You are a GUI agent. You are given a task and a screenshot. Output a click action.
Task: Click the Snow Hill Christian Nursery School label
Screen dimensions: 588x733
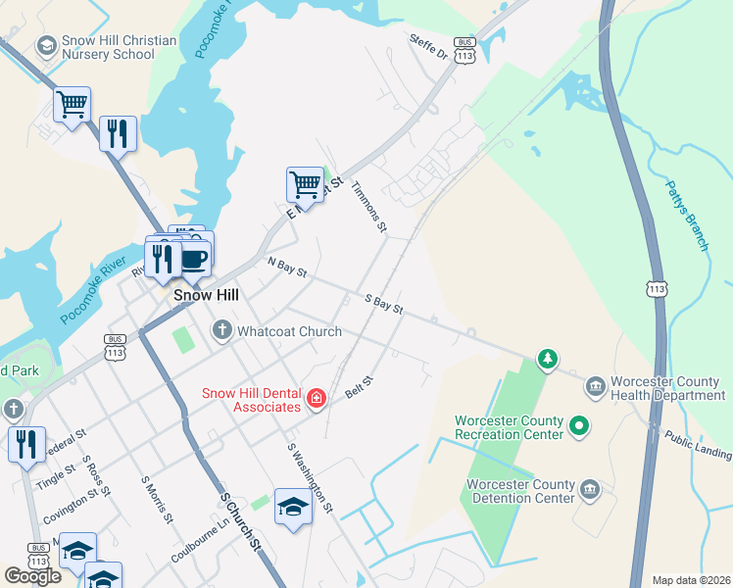coord(106,47)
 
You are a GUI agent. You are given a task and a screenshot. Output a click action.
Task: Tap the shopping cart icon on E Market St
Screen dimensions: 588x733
coord(305,184)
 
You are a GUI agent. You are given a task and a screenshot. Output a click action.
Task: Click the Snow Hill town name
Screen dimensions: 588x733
coord(208,294)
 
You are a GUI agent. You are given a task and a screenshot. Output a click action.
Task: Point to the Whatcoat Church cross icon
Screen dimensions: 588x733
coord(222,331)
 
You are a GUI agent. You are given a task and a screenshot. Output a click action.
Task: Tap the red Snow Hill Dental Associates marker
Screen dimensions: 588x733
coord(316,398)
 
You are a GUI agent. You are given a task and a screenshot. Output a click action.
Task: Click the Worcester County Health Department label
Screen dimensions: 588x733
coord(667,388)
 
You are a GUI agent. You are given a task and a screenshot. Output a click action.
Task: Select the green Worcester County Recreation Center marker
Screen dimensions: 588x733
coord(578,426)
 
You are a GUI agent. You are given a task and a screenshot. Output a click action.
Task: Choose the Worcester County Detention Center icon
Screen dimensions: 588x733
coord(589,489)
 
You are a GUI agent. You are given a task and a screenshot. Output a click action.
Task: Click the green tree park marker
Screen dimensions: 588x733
coord(547,360)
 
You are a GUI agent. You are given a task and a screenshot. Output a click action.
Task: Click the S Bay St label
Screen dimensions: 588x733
coord(383,304)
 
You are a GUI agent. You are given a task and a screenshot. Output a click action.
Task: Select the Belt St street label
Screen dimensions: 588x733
coord(360,386)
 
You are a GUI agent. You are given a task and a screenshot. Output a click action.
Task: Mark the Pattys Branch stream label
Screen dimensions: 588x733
coord(685,215)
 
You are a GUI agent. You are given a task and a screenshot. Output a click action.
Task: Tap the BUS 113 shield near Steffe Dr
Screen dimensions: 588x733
coord(465,52)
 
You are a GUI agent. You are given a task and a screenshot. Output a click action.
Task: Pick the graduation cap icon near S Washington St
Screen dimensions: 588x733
coord(292,506)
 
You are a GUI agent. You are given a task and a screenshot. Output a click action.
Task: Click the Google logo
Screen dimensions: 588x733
coord(32,576)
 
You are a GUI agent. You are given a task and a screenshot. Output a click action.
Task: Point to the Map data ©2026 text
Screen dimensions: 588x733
coord(691,580)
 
